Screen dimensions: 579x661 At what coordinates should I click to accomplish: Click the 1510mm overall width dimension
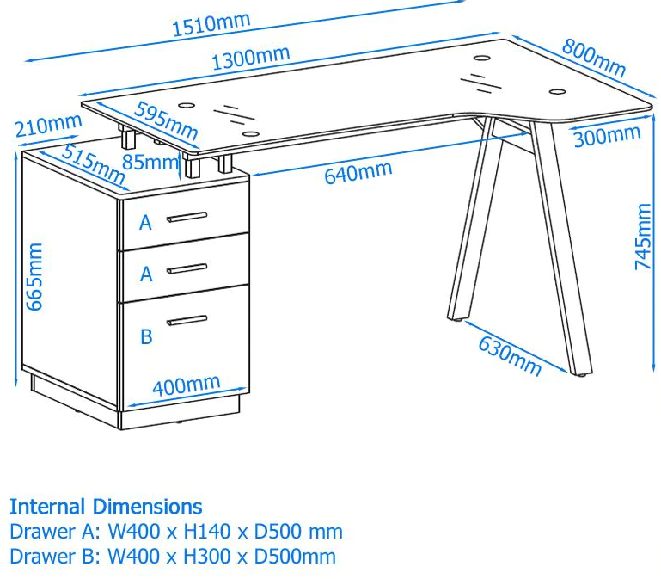(x=211, y=23)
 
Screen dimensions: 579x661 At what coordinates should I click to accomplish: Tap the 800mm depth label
(x=593, y=56)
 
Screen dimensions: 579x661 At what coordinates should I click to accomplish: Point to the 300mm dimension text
(x=607, y=136)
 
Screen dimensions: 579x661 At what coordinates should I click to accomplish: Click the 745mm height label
(x=644, y=237)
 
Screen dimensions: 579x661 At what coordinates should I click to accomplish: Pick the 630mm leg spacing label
(x=510, y=355)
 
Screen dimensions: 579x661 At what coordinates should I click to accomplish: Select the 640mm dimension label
(x=358, y=172)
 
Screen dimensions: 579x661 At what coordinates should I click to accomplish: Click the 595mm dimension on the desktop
(x=166, y=122)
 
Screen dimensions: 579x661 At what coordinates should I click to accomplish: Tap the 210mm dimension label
(x=48, y=126)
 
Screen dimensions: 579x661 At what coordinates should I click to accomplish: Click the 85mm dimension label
(x=151, y=161)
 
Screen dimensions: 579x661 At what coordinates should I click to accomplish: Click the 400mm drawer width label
(x=186, y=387)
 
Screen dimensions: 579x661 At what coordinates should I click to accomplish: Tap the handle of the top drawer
(x=187, y=216)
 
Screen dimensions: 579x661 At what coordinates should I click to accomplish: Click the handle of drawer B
(x=187, y=321)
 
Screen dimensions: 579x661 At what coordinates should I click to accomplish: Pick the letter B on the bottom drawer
(x=146, y=336)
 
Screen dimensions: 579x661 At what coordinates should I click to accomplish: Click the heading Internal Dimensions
(x=106, y=506)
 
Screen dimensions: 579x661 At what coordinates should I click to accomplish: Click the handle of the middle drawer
(x=187, y=268)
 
